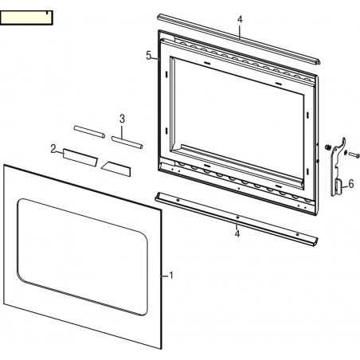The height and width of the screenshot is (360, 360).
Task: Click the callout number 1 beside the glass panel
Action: (171, 276)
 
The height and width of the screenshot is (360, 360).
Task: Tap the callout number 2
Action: (53, 149)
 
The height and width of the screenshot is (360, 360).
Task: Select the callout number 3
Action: (122, 119)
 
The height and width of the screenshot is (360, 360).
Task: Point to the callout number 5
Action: (149, 56)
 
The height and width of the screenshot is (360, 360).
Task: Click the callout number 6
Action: (351, 184)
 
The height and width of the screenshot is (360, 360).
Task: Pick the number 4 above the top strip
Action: (240, 19)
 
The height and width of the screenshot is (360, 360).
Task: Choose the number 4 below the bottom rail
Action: (237, 233)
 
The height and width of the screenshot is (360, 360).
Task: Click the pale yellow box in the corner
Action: (26, 18)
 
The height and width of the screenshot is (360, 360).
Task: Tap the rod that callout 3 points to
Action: (127, 143)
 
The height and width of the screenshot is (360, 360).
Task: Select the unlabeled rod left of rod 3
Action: (89, 132)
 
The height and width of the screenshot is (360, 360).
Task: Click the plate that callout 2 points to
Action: (80, 158)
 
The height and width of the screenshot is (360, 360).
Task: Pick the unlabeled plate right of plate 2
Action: (116, 169)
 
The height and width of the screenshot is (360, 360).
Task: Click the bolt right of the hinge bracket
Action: (354, 155)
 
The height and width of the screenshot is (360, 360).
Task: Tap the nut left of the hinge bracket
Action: (327, 147)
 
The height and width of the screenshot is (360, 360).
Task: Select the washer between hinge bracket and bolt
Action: (345, 152)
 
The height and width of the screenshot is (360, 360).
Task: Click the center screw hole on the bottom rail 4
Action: (237, 217)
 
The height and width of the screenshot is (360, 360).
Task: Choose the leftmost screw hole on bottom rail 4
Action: (178, 200)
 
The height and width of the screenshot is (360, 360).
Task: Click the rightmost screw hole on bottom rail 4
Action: (297, 234)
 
